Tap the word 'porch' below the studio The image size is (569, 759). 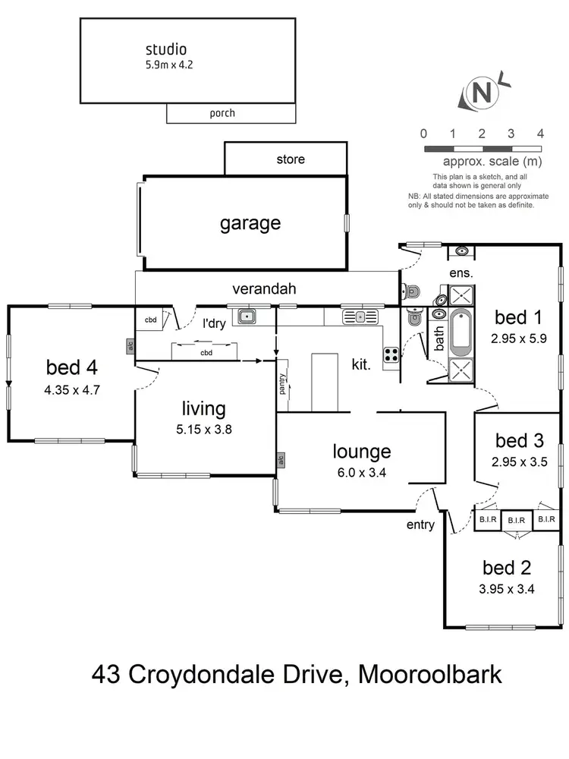pos(222,113)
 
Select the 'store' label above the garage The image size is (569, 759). pos(291,159)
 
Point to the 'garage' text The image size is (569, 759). pos(250,223)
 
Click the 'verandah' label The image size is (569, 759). pos(264,288)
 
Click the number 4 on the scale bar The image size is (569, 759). pos(540,134)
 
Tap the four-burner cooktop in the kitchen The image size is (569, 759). pos(391,354)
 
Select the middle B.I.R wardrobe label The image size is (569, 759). pos(516,520)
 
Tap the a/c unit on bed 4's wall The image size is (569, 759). pos(130,346)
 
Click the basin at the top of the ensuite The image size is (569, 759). pos(461,251)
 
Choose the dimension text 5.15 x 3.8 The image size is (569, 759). pos(203,429)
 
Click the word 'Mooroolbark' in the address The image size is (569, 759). pos(429,674)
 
